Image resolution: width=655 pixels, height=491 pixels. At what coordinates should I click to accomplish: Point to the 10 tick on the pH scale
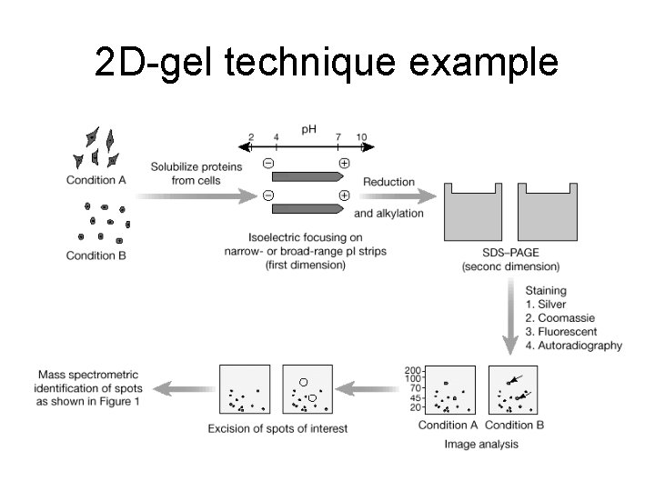coord(362,137)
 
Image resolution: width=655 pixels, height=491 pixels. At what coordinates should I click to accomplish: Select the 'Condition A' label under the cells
coord(96,179)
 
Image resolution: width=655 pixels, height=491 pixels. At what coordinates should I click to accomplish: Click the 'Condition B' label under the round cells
coord(96,256)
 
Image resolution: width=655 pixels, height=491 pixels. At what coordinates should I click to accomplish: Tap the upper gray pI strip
coord(306,176)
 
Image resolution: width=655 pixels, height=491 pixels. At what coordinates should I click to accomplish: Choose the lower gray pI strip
coord(306,208)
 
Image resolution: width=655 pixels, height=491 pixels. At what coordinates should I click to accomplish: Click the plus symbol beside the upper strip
coord(344,164)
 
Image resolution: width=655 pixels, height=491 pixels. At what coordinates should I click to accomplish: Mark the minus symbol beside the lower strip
coord(268,195)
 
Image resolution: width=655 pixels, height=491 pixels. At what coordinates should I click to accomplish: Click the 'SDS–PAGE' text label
coord(510,254)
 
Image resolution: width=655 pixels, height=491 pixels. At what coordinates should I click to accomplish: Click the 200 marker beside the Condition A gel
coord(411,369)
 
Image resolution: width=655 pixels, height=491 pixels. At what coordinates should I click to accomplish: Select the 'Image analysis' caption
coord(482,444)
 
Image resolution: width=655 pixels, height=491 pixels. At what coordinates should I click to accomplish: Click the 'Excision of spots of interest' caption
coord(277,428)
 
